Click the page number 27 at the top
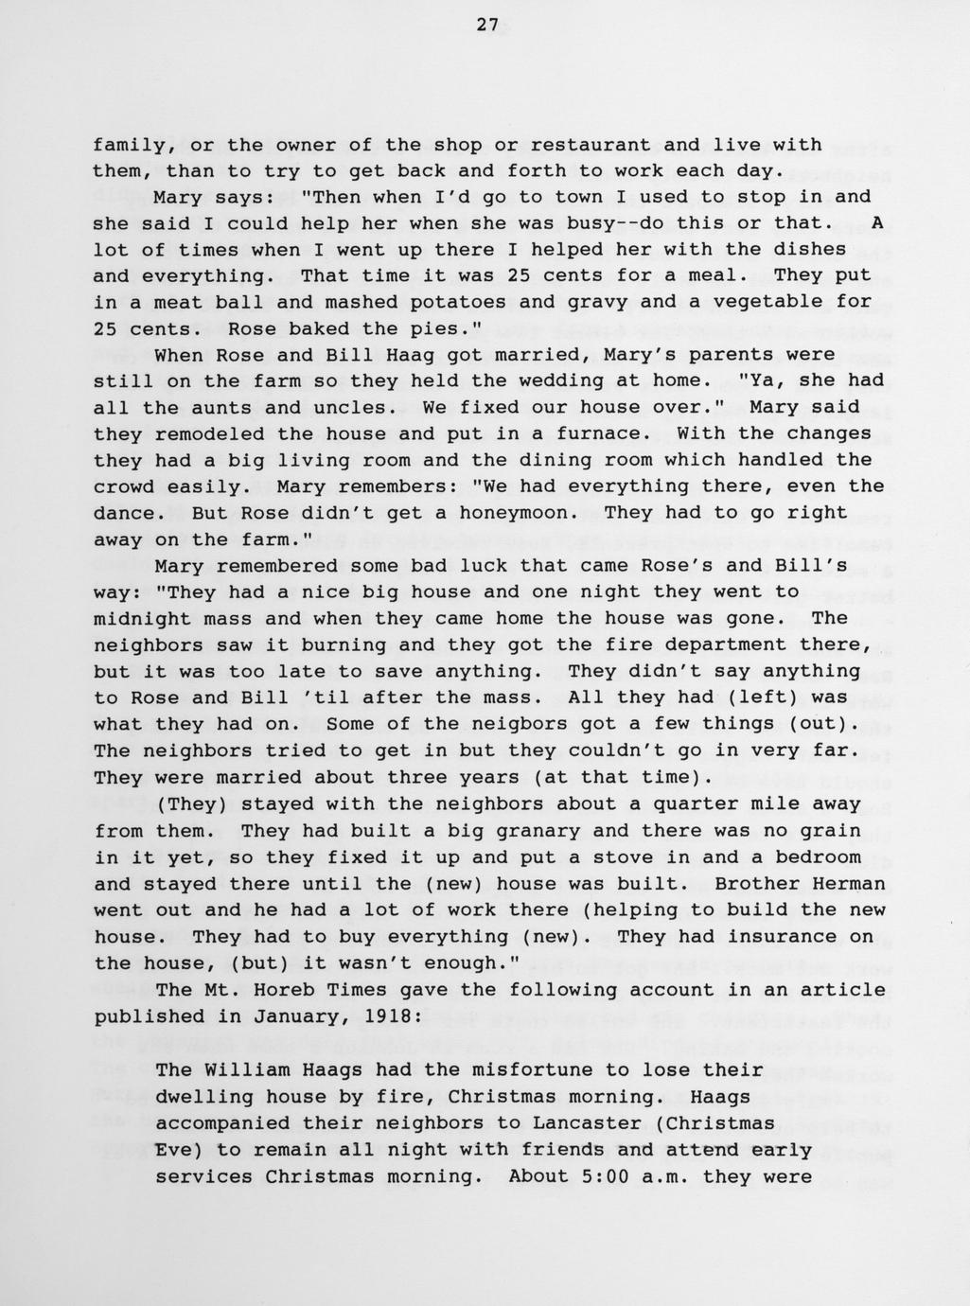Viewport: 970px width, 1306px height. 486,26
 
